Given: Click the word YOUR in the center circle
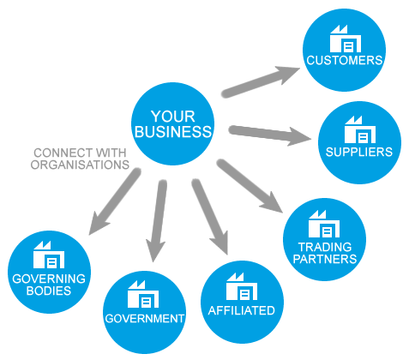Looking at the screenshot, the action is [173, 117].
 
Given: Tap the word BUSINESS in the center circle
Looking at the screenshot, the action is [173, 132].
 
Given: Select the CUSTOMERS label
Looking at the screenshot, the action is [345, 60].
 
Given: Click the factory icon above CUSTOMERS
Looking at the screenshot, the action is [346, 39].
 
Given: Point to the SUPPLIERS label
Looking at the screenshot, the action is [359, 152].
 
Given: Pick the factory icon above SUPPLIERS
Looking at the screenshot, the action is [360, 129].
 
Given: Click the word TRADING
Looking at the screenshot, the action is [325, 247].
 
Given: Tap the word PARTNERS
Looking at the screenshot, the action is [325, 259].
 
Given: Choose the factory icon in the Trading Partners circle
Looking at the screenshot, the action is [324, 224].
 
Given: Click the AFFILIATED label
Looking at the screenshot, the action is [242, 310].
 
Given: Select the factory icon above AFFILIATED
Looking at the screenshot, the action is [242, 286].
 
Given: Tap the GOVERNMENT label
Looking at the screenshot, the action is [145, 319].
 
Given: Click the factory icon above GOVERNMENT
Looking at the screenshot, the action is [143, 294].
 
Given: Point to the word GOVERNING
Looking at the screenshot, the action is [49, 279].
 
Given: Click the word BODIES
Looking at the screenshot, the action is [49, 291].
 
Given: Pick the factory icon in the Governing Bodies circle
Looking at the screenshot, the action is [49, 255].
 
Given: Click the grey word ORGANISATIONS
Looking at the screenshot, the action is [80, 165].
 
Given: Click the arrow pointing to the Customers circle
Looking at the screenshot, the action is [261, 81].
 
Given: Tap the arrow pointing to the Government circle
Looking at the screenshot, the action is [157, 220].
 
